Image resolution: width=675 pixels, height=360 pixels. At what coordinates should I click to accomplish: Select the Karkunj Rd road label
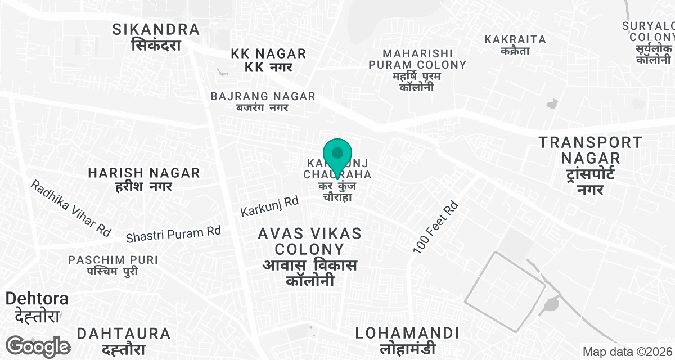pyautogui.click(x=269, y=207)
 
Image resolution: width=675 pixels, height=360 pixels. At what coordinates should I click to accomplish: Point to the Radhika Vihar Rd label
pyautogui.click(x=71, y=208)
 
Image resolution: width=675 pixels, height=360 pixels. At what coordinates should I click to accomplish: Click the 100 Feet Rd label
pyautogui.click(x=436, y=227)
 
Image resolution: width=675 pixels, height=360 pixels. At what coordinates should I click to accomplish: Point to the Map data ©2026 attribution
pyautogui.click(x=627, y=352)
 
